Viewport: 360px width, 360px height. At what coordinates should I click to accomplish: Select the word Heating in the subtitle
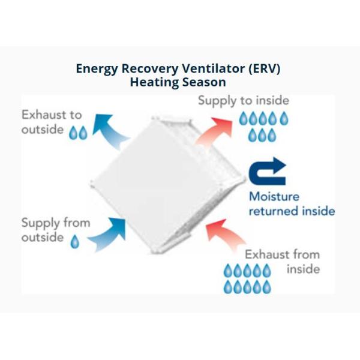pyautogui.click(x=151, y=82)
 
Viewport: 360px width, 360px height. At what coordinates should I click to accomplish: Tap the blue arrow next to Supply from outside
pyautogui.click(x=107, y=235)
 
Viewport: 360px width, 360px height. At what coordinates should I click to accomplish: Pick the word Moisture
pyautogui.click(x=274, y=196)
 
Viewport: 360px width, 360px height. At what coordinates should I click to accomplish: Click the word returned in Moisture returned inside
pyautogui.click(x=272, y=211)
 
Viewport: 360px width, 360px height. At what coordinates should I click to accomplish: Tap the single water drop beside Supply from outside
pyautogui.click(x=75, y=242)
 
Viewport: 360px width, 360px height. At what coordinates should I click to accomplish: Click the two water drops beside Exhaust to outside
pyautogui.click(x=78, y=133)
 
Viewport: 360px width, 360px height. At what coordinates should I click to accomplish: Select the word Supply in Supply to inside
pyautogui.click(x=217, y=101)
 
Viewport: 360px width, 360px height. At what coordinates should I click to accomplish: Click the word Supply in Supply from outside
pyautogui.click(x=40, y=223)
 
